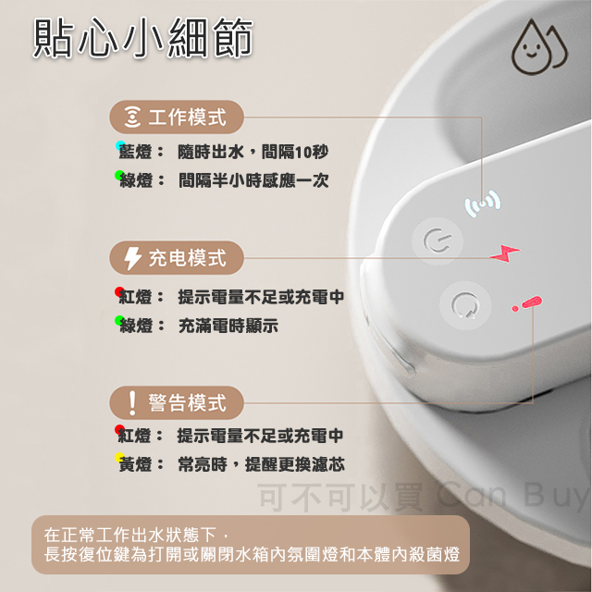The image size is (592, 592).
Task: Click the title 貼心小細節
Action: (142, 38)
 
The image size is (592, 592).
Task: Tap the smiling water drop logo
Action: (539, 47)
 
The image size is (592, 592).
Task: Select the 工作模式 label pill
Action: (177, 117)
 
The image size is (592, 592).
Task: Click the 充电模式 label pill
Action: (177, 258)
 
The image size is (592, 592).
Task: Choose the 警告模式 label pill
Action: (177, 403)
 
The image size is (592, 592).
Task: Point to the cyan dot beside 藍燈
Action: (120, 145)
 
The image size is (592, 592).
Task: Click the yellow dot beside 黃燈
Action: (119, 457)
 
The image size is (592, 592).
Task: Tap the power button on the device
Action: (438, 240)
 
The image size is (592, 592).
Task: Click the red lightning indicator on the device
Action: (504, 253)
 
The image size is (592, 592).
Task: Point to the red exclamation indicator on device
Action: (527, 303)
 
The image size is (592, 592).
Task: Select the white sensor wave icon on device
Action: (483, 203)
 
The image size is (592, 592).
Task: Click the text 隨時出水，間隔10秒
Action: (253, 152)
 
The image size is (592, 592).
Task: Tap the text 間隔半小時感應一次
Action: (253, 180)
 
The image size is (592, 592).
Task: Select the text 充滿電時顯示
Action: (228, 326)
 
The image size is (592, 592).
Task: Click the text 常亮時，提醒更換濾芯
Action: (261, 464)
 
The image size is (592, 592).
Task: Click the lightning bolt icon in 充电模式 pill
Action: (132, 258)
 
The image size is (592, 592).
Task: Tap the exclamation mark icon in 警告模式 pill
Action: (132, 403)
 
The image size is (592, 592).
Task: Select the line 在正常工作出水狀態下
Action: (136, 535)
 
